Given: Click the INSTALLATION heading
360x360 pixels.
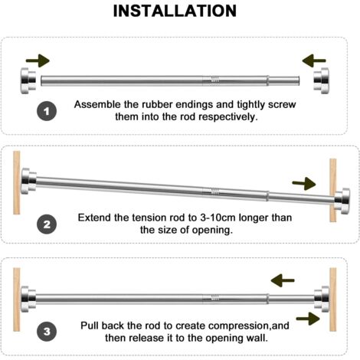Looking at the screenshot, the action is pyautogui.click(x=175, y=11).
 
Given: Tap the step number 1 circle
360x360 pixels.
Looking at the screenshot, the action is pyautogui.click(x=47, y=111).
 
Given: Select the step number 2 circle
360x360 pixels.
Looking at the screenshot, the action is pyautogui.click(x=47, y=224).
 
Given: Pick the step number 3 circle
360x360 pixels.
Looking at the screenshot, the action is pyautogui.click(x=47, y=332).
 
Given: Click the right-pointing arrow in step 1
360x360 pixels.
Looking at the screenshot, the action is pyautogui.click(x=38, y=61).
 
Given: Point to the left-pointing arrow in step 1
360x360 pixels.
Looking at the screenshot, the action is pyautogui.click(x=314, y=61).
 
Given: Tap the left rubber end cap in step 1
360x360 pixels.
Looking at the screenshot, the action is pyautogui.click(x=28, y=80).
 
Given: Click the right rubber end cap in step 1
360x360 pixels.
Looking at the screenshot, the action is pyautogui.click(x=321, y=80).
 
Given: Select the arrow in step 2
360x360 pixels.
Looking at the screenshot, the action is pyautogui.click(x=304, y=184).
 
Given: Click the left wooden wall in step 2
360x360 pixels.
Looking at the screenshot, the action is pyautogui.click(x=17, y=182).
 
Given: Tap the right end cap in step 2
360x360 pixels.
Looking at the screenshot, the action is pyautogui.click(x=342, y=201).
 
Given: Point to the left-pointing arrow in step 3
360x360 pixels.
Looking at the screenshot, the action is pyautogui.click(x=283, y=280).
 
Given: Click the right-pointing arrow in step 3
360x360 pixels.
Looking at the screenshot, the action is pyautogui.click(x=308, y=319).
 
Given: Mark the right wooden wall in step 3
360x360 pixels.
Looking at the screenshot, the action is pyautogui.click(x=333, y=299).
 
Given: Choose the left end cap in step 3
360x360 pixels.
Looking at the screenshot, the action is pyautogui.click(x=28, y=299).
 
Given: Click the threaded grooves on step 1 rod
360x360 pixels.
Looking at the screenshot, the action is pyautogui.click(x=214, y=80).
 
